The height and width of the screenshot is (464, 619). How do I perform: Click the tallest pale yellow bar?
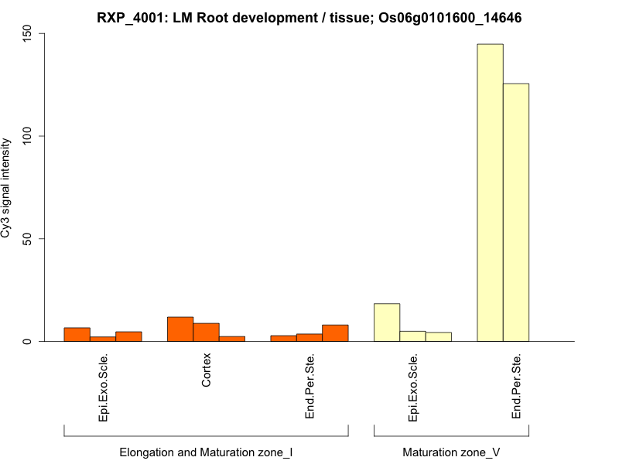coord(490,193)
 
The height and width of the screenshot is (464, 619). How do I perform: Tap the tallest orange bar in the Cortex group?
coord(180,329)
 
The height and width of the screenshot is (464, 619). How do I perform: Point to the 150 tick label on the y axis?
coord(29,34)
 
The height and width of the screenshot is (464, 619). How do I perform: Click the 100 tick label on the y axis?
coord(29,136)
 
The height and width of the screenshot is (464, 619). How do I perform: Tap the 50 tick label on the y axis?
coord(29,239)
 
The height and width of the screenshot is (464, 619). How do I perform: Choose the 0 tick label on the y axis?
coord(29,341)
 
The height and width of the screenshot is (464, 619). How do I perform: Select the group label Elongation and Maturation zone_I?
coord(206,452)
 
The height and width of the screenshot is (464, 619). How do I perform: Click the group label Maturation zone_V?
coord(451,452)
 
